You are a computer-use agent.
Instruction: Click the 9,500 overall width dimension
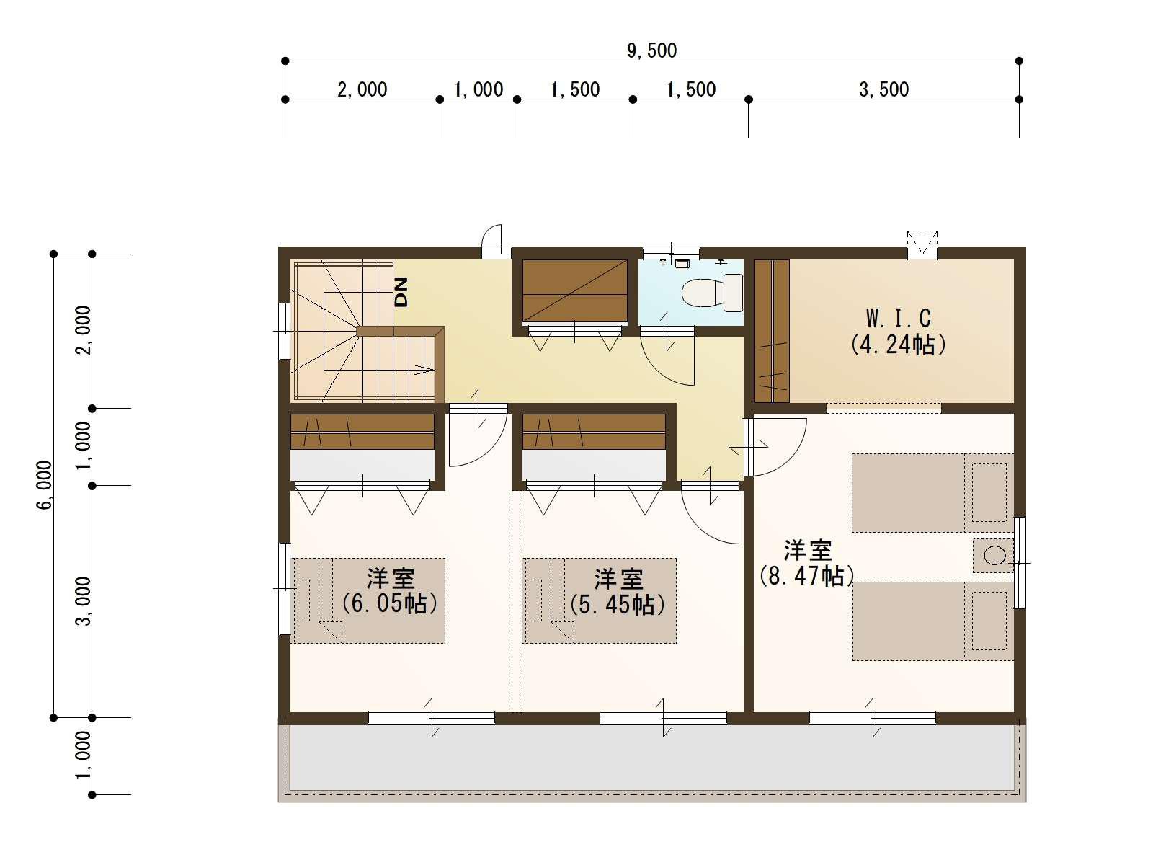pyautogui.click(x=651, y=50)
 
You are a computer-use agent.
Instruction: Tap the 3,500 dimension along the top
pyautogui.click(x=883, y=89)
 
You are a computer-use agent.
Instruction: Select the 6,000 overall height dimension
pyautogui.click(x=45, y=485)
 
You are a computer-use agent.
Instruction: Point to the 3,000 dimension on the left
pyautogui.click(x=84, y=601)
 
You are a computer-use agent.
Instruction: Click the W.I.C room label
pyautogui.click(x=898, y=318)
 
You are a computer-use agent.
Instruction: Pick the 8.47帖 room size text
pyautogui.click(x=807, y=576)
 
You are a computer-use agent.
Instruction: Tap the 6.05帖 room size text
pyautogui.click(x=390, y=603)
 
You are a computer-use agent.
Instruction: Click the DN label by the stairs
pyautogui.click(x=401, y=292)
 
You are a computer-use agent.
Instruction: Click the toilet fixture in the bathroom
pyautogui.click(x=713, y=293)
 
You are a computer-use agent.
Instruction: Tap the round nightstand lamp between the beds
pyautogui.click(x=994, y=555)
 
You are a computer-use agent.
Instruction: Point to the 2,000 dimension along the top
pyautogui.click(x=362, y=89)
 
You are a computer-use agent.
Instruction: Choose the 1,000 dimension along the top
pyautogui.click(x=478, y=89)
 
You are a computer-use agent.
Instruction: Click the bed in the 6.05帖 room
pyautogui.click(x=369, y=600)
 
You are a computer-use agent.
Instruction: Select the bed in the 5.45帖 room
pyautogui.click(x=600, y=600)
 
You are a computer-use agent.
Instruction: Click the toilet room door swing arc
pyautogui.click(x=667, y=360)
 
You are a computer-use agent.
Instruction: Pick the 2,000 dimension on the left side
pyautogui.click(x=84, y=330)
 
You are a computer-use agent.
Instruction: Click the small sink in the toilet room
pyautogui.click(x=681, y=264)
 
